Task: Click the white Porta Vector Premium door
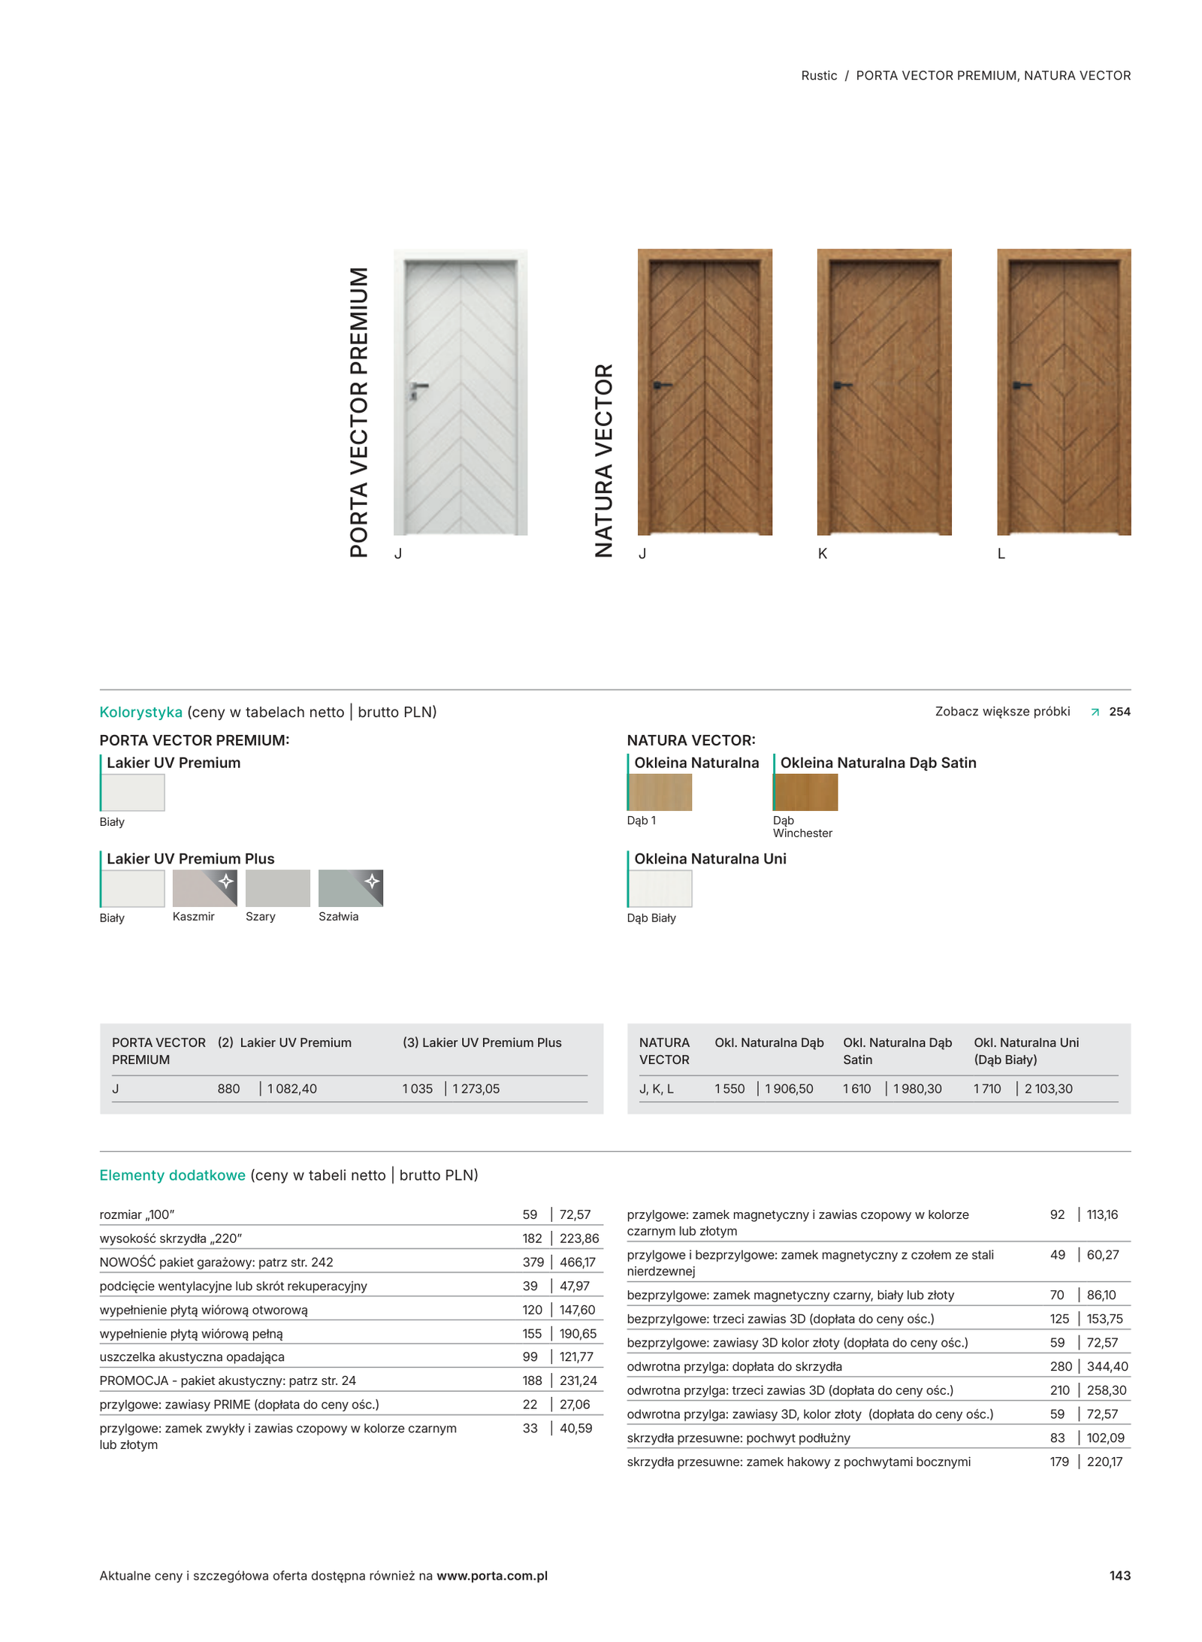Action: click(x=460, y=392)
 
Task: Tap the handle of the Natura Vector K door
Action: click(x=841, y=386)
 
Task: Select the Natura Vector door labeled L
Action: click(x=1062, y=392)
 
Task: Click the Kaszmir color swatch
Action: click(x=204, y=888)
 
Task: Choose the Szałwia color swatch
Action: click(x=350, y=888)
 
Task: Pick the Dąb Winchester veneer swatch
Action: click(x=805, y=791)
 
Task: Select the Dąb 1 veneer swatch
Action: click(x=660, y=791)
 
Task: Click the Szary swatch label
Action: click(x=260, y=916)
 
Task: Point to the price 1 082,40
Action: click(x=291, y=1088)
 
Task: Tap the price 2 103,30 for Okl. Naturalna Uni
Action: click(x=1048, y=1088)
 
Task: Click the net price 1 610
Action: click(x=856, y=1088)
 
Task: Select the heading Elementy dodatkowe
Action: click(x=172, y=1175)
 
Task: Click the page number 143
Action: click(x=1119, y=1575)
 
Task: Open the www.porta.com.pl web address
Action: click(x=491, y=1575)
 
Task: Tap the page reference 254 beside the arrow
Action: click(x=1119, y=712)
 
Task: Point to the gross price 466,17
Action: click(x=577, y=1262)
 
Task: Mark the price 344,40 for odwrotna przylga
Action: click(x=1107, y=1366)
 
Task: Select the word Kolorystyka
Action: click(x=140, y=712)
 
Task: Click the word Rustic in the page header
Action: click(x=819, y=75)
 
